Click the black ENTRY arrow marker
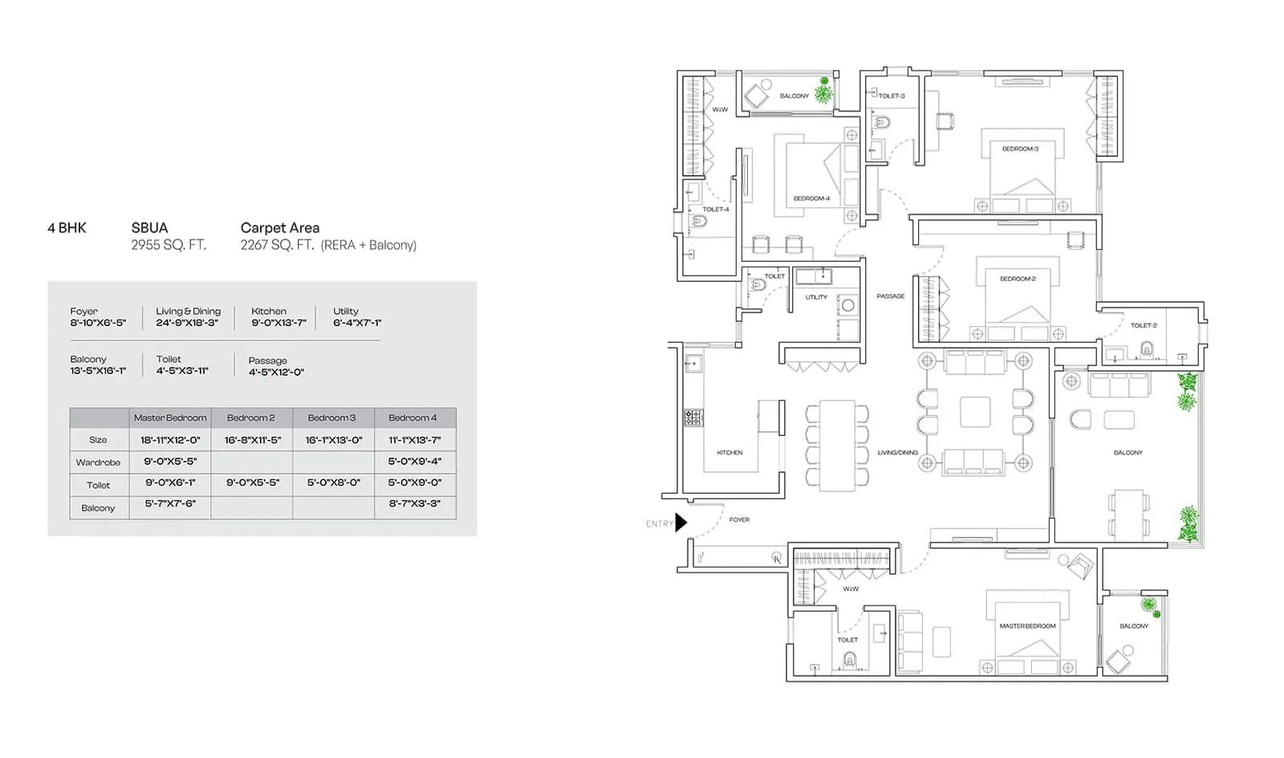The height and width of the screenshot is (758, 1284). pyautogui.click(x=681, y=523)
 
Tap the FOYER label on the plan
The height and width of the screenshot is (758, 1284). pyautogui.click(x=739, y=520)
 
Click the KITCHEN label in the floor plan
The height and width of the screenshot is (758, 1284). pyautogui.click(x=729, y=453)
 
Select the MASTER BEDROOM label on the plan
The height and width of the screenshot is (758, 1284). pyautogui.click(x=1027, y=626)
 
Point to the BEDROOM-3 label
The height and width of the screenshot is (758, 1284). pyautogui.click(x=1020, y=149)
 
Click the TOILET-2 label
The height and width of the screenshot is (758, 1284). pyautogui.click(x=1144, y=325)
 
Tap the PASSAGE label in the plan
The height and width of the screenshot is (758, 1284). pyautogui.click(x=890, y=296)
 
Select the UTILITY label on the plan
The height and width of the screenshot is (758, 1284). pyautogui.click(x=816, y=297)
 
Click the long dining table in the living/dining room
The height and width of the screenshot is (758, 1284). pyautogui.click(x=837, y=445)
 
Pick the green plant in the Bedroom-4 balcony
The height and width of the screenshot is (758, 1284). pyautogui.click(x=824, y=92)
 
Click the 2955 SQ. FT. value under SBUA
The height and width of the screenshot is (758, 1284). pyautogui.click(x=169, y=245)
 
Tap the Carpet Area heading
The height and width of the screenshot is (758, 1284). pyautogui.click(x=280, y=228)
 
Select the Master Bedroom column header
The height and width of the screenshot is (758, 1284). pyautogui.click(x=170, y=418)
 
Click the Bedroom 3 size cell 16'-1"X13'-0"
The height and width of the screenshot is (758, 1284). pyautogui.click(x=334, y=440)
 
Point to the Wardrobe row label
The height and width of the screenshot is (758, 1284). pyautogui.click(x=98, y=463)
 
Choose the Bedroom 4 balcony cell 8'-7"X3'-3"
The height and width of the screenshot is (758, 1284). pyautogui.click(x=414, y=503)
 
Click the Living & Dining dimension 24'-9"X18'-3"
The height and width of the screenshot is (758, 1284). pyautogui.click(x=187, y=323)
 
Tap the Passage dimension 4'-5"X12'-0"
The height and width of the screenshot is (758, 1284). pyautogui.click(x=276, y=372)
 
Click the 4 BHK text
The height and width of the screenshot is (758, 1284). pyautogui.click(x=67, y=228)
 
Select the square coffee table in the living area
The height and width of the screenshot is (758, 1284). pyautogui.click(x=975, y=412)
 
